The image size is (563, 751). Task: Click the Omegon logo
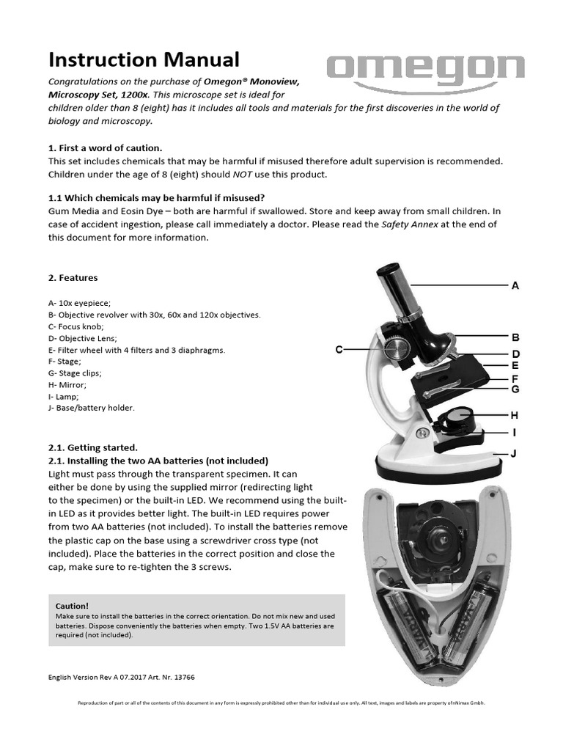pos(426,72)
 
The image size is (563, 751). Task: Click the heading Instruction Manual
pos(144,59)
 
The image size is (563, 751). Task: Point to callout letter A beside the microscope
pos(515,286)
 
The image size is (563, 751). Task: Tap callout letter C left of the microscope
pos(339,350)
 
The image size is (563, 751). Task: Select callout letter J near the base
pos(514,454)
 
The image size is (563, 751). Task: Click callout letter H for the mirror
pos(514,415)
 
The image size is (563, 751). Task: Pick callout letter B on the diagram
pos(515,338)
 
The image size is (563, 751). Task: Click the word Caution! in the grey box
pos(72,606)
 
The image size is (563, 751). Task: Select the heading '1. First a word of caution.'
pos(105,147)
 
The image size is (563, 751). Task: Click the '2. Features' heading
pos(73,278)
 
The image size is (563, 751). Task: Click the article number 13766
pos(183,677)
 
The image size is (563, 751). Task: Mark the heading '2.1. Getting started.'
pos(93,447)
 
